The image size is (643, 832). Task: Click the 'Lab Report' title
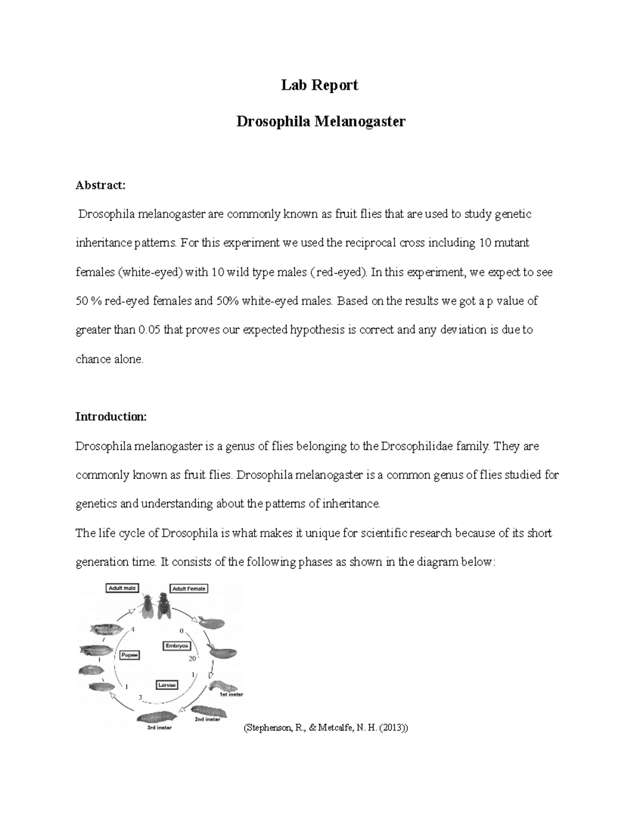click(320, 85)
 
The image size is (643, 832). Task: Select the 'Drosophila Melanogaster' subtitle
click(320, 122)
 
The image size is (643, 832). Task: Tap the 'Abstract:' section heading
click(100, 185)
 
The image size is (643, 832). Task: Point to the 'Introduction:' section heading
click(111, 417)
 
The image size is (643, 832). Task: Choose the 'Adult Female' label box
click(189, 588)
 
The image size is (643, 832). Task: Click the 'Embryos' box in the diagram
click(176, 646)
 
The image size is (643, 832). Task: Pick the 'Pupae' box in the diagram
click(130, 655)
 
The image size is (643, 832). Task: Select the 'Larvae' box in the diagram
click(167, 685)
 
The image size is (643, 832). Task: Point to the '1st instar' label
click(231, 695)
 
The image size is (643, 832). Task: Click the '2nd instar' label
click(207, 719)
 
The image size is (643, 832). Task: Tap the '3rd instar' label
click(159, 728)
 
